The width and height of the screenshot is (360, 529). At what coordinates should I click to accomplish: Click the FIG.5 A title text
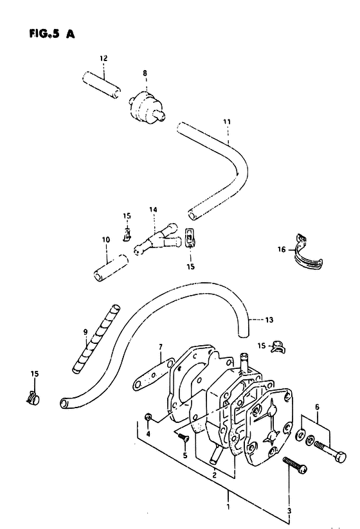click(x=52, y=33)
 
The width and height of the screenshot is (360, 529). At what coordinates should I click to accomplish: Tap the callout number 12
click(x=104, y=58)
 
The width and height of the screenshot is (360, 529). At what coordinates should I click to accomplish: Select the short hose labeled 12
click(x=101, y=85)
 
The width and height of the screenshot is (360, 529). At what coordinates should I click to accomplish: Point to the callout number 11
click(x=227, y=121)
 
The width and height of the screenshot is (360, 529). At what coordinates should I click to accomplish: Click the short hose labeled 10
click(x=111, y=268)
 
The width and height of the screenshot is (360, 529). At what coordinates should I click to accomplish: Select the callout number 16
click(x=282, y=249)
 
